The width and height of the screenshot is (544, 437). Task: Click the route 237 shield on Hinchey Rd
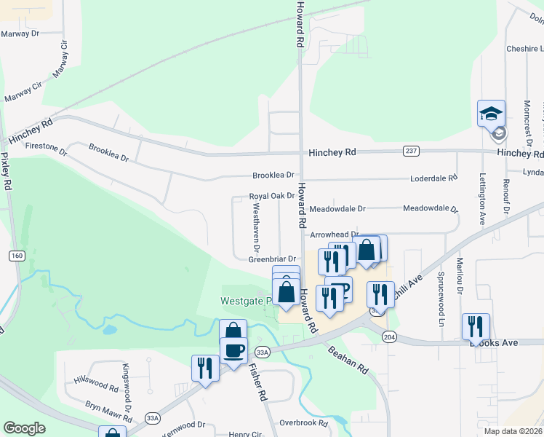point(411,151)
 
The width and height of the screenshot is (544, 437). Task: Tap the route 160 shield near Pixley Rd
point(17,256)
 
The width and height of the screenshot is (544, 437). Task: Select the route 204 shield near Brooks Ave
point(390,336)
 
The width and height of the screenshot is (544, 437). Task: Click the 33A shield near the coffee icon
point(263,352)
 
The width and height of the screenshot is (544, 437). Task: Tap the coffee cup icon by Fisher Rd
point(233,350)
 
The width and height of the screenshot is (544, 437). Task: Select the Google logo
point(24,428)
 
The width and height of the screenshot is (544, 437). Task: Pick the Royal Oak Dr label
point(271,196)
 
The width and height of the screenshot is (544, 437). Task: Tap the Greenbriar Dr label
point(272,259)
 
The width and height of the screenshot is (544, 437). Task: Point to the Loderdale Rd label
point(433,177)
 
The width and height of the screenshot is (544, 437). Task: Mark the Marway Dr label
point(20,34)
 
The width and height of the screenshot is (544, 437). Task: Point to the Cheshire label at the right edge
point(524,49)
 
